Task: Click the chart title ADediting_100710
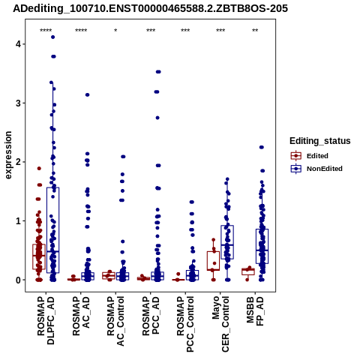coord(151,9)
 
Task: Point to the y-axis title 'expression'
coord(8,155)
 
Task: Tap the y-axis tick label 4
coord(18,44)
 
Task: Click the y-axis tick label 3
coord(18,103)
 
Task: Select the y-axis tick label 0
coord(18,280)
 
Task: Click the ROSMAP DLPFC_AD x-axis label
coord(46,320)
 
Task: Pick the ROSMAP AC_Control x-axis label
coord(115,321)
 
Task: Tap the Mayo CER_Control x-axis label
coord(220,324)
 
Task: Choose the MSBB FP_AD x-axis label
coord(255,311)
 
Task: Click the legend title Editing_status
coord(320,141)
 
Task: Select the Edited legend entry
coord(310,156)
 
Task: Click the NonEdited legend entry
coord(316,169)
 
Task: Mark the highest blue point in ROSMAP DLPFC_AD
coord(52,37)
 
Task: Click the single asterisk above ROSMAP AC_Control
coord(115,31)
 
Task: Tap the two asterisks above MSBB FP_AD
coord(255,31)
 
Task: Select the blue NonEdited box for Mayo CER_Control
coord(227,226)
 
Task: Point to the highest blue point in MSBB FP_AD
coord(262,147)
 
